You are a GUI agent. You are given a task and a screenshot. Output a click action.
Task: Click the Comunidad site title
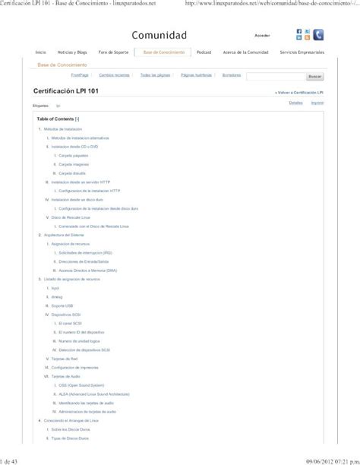click(x=159, y=36)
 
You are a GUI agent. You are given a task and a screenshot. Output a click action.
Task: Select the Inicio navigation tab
click(x=41, y=52)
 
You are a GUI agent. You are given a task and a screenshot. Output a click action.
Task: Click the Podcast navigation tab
click(x=204, y=52)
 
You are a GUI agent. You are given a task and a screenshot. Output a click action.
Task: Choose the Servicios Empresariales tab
click(x=302, y=52)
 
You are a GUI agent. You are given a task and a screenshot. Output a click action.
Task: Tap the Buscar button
click(x=314, y=77)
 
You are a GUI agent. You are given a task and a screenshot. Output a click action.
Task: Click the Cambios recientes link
click(x=114, y=75)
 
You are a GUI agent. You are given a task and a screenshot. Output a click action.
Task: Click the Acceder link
click(x=262, y=36)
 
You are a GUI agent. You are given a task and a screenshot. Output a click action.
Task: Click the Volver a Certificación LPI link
click(x=300, y=91)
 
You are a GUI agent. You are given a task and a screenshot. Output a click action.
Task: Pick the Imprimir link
click(x=317, y=102)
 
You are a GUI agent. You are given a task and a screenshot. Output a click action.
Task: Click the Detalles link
click(x=296, y=102)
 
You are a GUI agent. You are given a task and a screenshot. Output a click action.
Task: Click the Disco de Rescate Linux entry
click(x=74, y=217)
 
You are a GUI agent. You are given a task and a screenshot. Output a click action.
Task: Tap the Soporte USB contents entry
click(x=62, y=305)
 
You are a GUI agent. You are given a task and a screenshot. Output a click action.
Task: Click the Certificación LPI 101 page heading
click(x=65, y=90)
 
